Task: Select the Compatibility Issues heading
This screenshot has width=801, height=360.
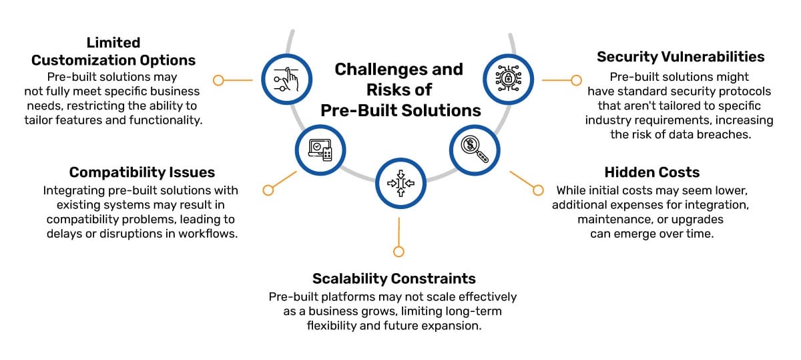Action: click(142, 172)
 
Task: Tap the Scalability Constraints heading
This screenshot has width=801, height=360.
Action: click(394, 279)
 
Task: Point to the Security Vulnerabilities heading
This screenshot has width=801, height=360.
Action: click(680, 57)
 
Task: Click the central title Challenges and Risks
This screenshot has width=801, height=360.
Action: click(399, 89)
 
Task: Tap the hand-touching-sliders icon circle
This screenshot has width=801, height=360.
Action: click(286, 79)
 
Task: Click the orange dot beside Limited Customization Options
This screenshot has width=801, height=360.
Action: click(218, 80)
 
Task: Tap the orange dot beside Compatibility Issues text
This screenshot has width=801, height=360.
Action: click(268, 190)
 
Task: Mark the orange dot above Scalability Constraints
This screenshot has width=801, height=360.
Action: click(398, 252)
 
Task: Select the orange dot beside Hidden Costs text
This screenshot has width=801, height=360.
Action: click(538, 190)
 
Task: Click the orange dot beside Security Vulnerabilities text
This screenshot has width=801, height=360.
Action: click(577, 80)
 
